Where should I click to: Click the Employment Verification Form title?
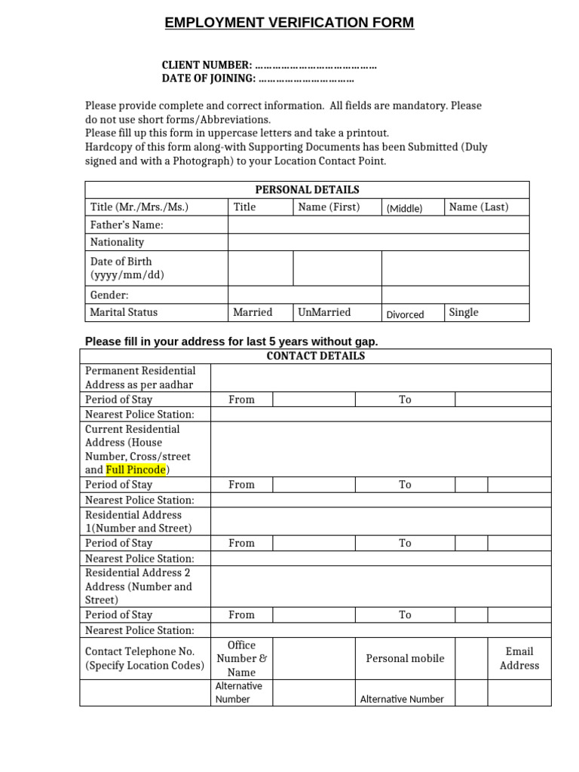point(289,23)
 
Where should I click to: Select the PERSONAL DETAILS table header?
point(307,189)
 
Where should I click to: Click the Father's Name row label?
point(127,225)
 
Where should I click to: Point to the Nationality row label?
point(117,242)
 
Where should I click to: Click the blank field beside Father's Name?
point(378,225)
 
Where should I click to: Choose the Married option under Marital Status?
point(253,312)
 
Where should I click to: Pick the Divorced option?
point(406,314)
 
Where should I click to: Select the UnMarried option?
point(324,312)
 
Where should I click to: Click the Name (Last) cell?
point(479,207)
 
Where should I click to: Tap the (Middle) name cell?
point(404,209)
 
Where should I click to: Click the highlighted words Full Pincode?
point(136,470)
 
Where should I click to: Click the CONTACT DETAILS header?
point(316,356)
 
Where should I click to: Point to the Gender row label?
point(109,296)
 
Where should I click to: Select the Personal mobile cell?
point(405,658)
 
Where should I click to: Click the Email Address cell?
point(519,658)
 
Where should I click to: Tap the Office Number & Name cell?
point(241,658)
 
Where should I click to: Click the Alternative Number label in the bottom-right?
point(402,699)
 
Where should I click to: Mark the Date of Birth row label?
point(127,268)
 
